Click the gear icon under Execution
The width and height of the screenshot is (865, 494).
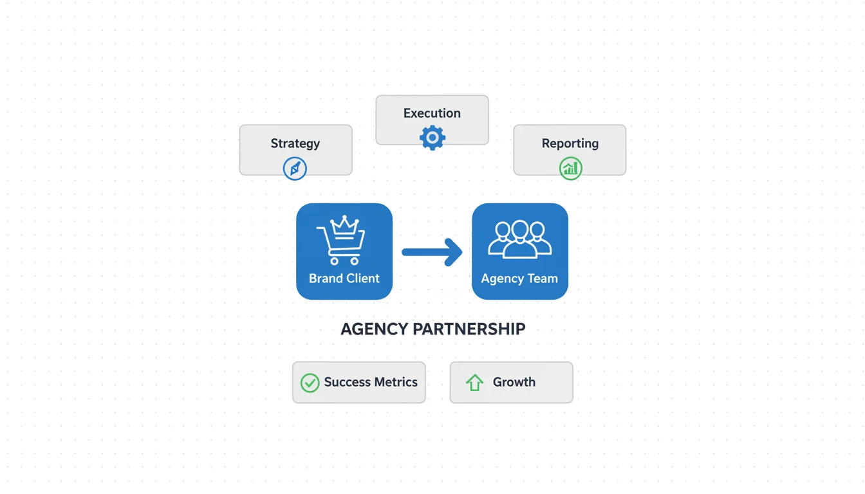(x=432, y=138)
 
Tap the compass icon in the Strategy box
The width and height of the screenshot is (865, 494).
(x=295, y=169)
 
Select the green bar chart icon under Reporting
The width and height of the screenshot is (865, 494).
(x=570, y=169)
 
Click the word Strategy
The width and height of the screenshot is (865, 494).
(x=295, y=143)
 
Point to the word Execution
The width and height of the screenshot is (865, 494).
(x=432, y=113)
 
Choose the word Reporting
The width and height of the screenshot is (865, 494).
(x=570, y=143)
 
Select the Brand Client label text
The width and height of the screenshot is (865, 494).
(x=344, y=279)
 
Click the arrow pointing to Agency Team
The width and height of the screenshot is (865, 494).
(x=432, y=252)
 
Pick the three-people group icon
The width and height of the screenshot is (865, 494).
(x=520, y=239)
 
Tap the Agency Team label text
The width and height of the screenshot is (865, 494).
(x=519, y=279)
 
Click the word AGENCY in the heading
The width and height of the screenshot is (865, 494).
(x=374, y=329)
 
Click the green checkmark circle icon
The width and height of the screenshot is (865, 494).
(x=310, y=383)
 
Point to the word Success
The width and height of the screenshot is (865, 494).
(x=348, y=382)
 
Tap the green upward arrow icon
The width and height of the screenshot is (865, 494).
(x=474, y=383)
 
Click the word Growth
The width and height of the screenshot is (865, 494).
(x=514, y=382)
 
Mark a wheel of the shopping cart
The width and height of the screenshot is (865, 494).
(x=334, y=261)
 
